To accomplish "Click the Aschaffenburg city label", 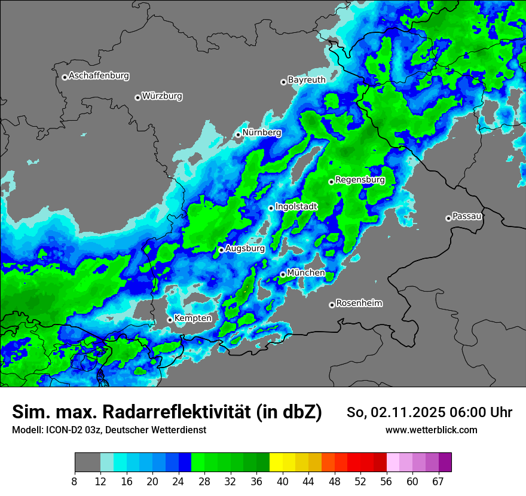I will pyautogui.click(x=99, y=76).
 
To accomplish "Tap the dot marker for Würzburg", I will pyautogui.click(x=137, y=97).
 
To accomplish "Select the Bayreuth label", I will pyautogui.click(x=307, y=79).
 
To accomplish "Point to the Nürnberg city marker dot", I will pyautogui.click(x=238, y=134).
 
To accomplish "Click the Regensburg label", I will pyautogui.click(x=360, y=179).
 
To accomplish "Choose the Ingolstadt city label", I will pyautogui.click(x=296, y=206).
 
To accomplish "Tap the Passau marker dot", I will pyautogui.click(x=448, y=218).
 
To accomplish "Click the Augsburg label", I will pyautogui.click(x=245, y=249).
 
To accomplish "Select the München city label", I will pyautogui.click(x=306, y=273).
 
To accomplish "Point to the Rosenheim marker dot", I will pyautogui.click(x=332, y=305).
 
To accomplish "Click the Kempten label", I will pyautogui.click(x=192, y=318).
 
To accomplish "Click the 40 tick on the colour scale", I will pyautogui.click(x=283, y=481).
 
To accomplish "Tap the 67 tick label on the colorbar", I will pyautogui.click(x=438, y=481).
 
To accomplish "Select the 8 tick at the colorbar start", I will pyautogui.click(x=75, y=481).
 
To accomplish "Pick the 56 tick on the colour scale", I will pyautogui.click(x=387, y=481).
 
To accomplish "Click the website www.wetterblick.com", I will pyautogui.click(x=431, y=430).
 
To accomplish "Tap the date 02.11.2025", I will pyautogui.click(x=405, y=412).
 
